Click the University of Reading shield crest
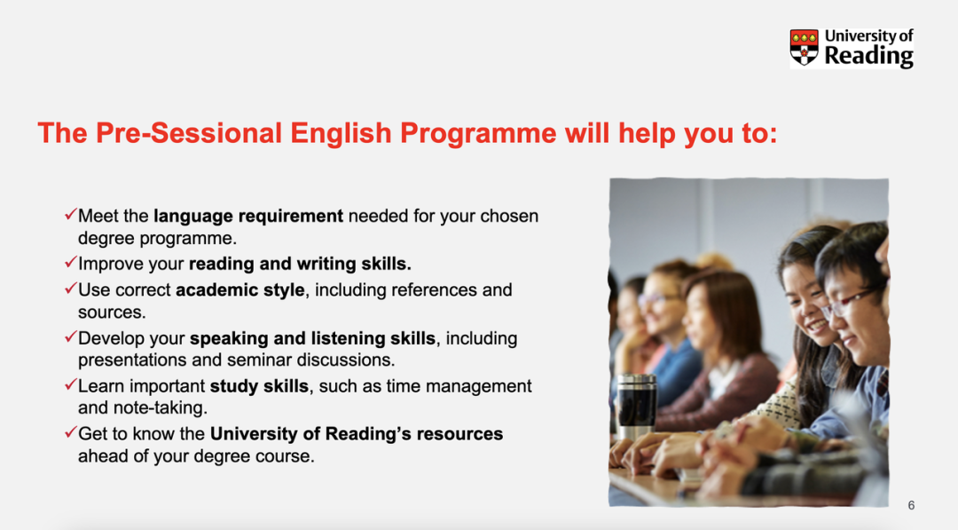[804, 47]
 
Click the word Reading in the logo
[868, 56]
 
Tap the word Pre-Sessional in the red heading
[189, 132]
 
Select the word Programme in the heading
[478, 134]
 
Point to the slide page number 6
[911, 505]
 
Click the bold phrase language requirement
[248, 217]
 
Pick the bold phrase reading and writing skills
[300, 264]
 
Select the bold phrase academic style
[240, 289]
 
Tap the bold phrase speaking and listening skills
[312, 338]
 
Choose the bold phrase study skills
[259, 386]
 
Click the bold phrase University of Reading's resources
[357, 434]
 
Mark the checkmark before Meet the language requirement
[70, 214]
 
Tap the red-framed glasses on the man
[851, 302]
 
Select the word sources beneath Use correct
[112, 313]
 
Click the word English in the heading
[341, 134]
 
